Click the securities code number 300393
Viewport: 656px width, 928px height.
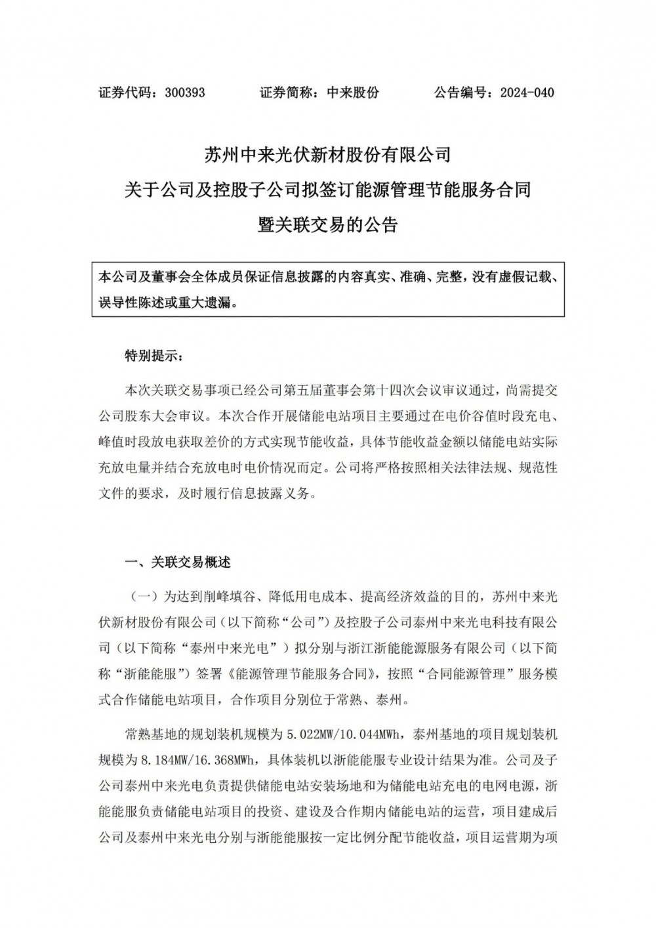pyautogui.click(x=186, y=93)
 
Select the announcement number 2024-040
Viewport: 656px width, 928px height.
pyautogui.click(x=527, y=93)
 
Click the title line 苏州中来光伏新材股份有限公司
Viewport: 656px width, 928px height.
pyautogui.click(x=327, y=156)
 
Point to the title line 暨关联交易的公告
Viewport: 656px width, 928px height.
pyautogui.click(x=327, y=225)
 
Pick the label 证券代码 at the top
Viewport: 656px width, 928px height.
pyautogui.click(x=125, y=93)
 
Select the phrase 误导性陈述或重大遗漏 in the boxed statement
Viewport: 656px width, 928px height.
pyautogui.click(x=165, y=303)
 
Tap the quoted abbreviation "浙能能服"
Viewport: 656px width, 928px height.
pyautogui.click(x=153, y=673)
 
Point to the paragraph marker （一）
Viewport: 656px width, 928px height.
pyautogui.click(x=144, y=596)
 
